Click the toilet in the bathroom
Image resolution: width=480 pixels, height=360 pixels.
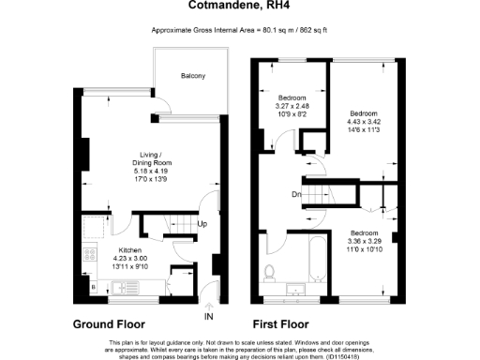(x=271, y=271)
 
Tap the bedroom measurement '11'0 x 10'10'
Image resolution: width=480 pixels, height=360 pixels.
(x=364, y=247)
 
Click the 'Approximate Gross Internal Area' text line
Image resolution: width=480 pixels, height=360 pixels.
(x=239, y=32)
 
